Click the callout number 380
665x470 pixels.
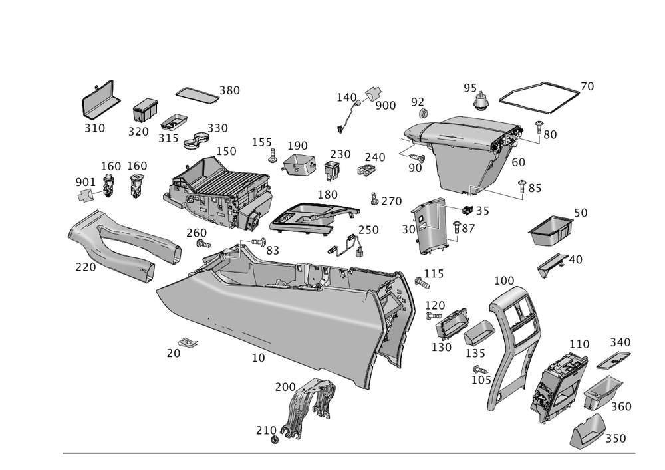tap(230, 90)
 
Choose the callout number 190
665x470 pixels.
tap(297, 146)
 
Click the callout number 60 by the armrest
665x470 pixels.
tap(519, 161)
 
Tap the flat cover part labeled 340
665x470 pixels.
tap(612, 360)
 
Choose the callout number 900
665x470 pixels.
tap(386, 105)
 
